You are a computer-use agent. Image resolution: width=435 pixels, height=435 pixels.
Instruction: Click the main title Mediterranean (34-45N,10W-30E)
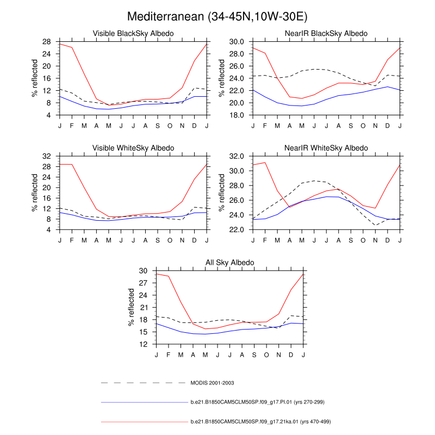[217, 17]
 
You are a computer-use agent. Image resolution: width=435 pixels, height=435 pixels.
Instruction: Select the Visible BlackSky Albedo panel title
[133, 34]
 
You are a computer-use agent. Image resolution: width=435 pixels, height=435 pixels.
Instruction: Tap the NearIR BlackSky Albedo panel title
[326, 34]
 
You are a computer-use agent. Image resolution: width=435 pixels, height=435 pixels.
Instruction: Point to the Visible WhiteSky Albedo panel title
[133, 148]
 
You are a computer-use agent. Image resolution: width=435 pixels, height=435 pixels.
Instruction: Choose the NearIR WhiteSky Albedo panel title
[326, 148]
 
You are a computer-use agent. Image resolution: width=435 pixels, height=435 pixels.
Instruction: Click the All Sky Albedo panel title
[229, 263]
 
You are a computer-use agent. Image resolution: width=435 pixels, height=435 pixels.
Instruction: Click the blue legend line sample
[144, 402]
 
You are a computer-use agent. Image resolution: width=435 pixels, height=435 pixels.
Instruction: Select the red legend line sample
[144, 421]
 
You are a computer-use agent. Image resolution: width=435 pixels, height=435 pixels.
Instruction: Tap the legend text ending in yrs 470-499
[261, 421]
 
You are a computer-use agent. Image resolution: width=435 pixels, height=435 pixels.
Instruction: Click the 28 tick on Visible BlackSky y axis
[47, 41]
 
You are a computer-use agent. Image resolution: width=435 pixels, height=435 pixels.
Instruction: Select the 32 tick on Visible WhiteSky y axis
[47, 156]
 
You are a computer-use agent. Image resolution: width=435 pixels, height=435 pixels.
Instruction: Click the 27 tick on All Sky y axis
[144, 283]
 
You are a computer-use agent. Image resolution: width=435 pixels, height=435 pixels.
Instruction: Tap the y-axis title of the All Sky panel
[131, 307]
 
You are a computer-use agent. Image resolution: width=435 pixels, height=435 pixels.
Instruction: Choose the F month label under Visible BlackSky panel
[72, 126]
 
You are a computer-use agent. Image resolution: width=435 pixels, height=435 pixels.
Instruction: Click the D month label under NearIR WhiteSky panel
[387, 240]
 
